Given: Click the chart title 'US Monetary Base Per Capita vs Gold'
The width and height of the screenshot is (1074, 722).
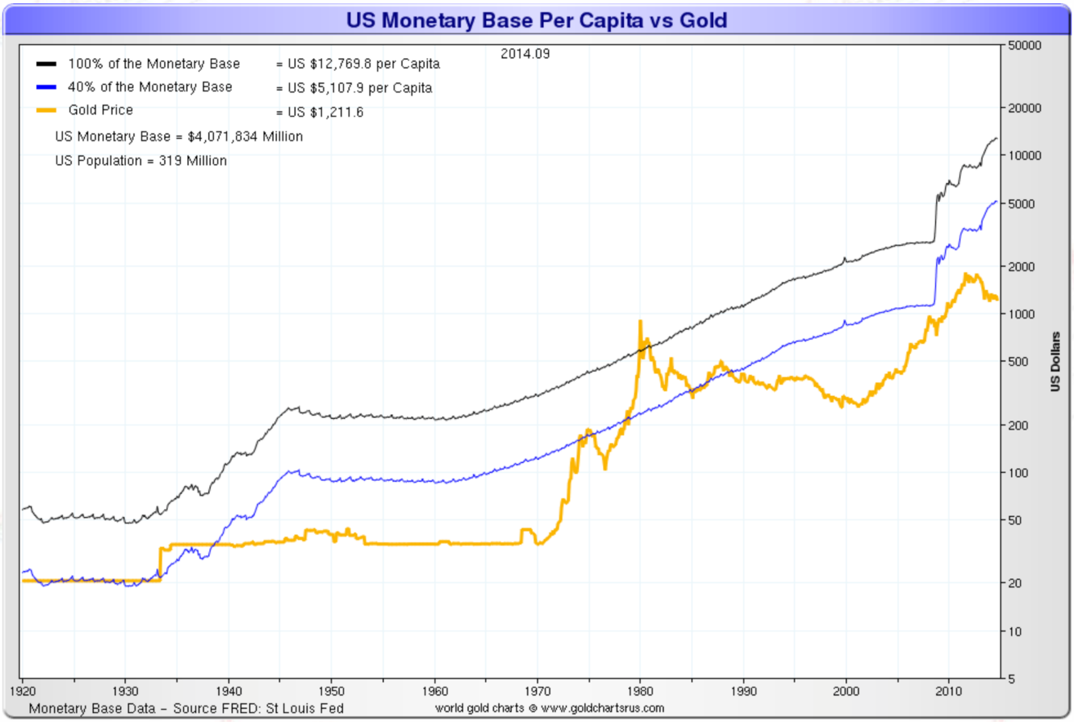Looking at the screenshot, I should pos(536,20).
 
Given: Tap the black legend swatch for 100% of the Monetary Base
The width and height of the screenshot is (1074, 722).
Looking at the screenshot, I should pos(46,64).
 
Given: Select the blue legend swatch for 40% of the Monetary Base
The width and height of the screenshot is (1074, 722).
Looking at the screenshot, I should pos(46,87).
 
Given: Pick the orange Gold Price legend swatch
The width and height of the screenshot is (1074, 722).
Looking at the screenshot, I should pos(46,111).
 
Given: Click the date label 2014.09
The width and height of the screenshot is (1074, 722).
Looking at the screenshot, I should pos(525,55).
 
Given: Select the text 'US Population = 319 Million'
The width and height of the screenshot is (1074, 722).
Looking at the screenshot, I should pos(140,161).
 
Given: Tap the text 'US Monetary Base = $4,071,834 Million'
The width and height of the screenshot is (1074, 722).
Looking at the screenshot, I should pos(179,136).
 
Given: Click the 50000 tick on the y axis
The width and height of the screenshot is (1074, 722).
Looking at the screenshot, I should pos(1023,46).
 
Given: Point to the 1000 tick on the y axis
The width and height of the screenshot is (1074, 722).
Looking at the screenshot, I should pos(1019,314).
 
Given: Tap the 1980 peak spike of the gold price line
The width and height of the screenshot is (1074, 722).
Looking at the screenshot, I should pos(639,322).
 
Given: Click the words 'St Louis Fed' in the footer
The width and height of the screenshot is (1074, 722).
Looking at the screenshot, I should pos(307,708).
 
